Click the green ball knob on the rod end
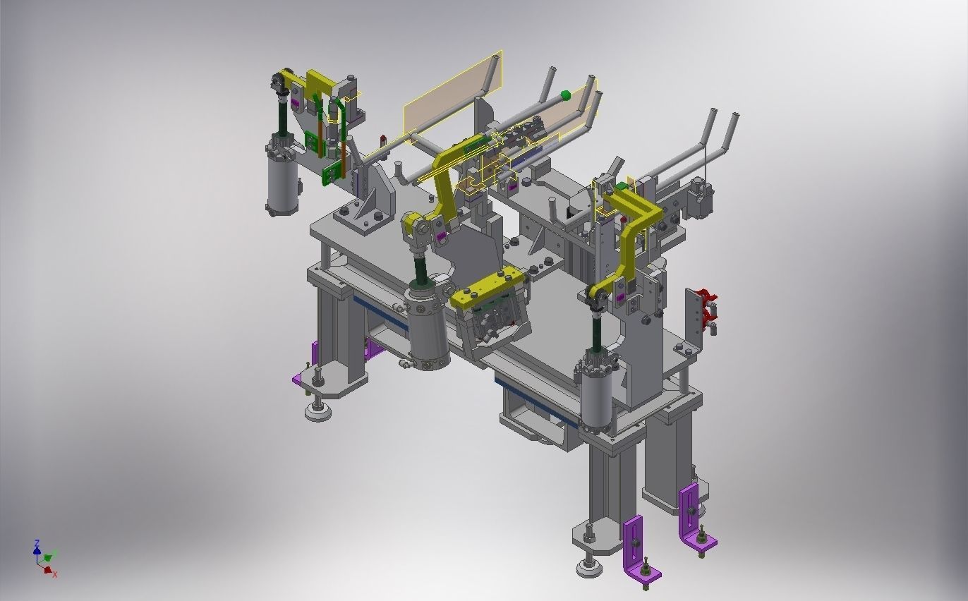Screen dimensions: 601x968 (565, 95)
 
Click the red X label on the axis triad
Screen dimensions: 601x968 (55, 575)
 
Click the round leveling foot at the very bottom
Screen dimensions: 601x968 (590, 566)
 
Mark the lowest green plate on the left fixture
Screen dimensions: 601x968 (330, 174)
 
